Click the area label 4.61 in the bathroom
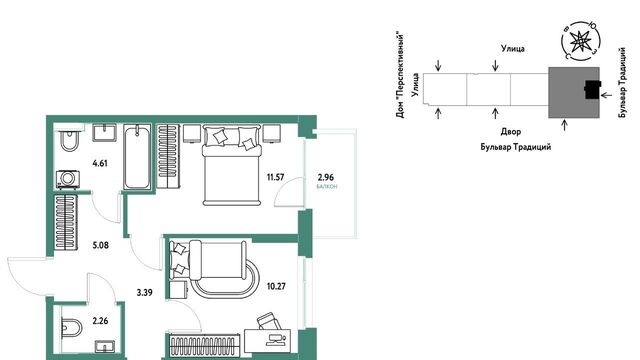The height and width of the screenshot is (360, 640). tap(100, 164)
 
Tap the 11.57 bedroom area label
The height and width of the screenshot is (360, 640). tap(276, 177)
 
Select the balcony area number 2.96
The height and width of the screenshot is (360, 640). tap(326, 177)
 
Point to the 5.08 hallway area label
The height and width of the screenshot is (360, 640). tap(100, 245)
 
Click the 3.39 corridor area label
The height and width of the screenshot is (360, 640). tap(144, 292)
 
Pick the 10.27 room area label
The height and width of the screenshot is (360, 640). tap(276, 286)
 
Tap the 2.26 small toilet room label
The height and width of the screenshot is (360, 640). tap(100, 321)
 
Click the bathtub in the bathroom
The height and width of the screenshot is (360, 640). tap(137, 157)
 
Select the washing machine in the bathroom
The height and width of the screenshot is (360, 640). tap(67, 180)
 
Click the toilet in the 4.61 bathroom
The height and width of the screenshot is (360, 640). tap(69, 140)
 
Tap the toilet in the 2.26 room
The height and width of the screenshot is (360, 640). tap(72, 327)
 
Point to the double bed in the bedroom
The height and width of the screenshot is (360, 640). tap(231, 165)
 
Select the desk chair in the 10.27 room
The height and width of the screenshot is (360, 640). tap(269, 321)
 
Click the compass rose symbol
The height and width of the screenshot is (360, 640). tap(580, 41)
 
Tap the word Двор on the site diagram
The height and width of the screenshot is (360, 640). tap(511, 132)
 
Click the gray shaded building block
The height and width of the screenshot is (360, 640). tap(574, 92)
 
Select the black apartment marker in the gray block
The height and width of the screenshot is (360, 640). tap(593, 90)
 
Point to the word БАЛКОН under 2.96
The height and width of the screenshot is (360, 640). tap(327, 187)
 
